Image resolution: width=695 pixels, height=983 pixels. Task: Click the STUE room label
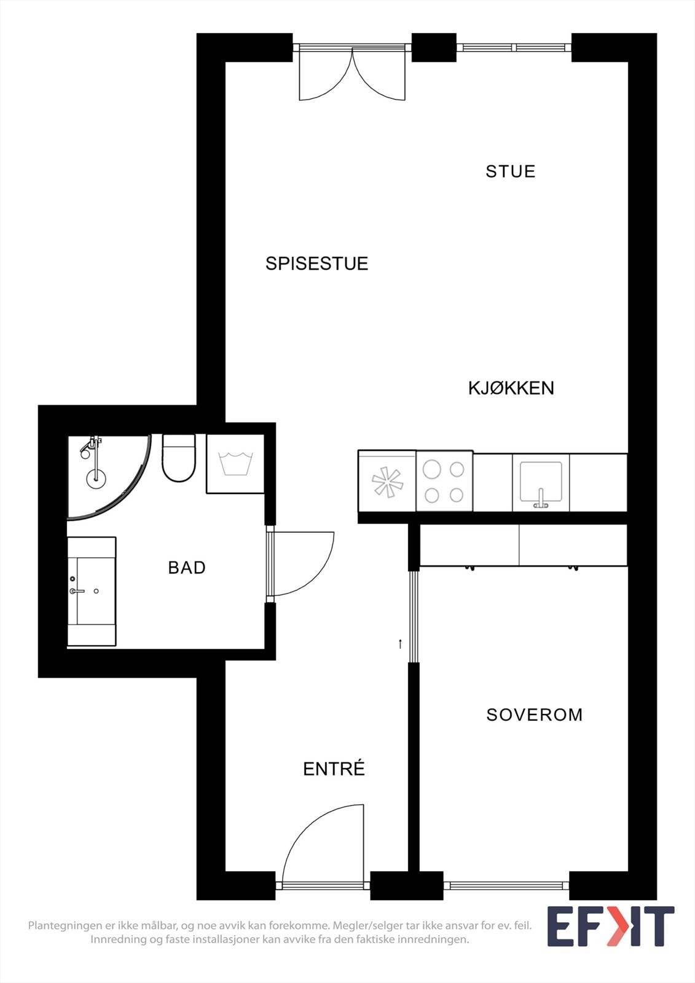[510, 171]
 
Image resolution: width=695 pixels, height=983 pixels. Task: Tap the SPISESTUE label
[316, 264]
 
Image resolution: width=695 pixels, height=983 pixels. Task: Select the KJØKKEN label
[511, 388]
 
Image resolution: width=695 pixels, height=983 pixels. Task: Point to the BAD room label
[187, 568]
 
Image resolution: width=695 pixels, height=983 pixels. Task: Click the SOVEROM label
[534, 715]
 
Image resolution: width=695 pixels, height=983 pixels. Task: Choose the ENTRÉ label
[334, 769]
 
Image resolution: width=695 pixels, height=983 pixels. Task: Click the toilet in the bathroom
[178, 458]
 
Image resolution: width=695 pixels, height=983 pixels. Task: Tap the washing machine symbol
[235, 463]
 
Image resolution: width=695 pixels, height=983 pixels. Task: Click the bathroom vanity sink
[91, 591]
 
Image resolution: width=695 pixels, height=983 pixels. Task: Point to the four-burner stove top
[444, 482]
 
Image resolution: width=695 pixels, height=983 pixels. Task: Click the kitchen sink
[541, 482]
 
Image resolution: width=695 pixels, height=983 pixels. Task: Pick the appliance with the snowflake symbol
[387, 482]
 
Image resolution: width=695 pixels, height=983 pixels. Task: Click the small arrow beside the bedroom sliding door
[400, 644]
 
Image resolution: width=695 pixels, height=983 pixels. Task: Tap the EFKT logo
[610, 926]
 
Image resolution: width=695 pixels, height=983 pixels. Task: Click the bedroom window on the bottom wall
[506, 885]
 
